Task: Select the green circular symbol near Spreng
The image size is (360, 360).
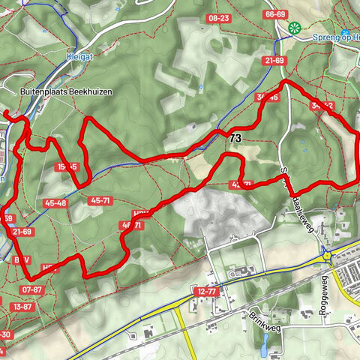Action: [x=293, y=28]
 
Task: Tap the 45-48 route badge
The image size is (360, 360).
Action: [x=55, y=202]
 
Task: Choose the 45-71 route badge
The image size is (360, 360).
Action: [x=99, y=200]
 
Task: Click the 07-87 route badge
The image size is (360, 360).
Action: [x=32, y=289]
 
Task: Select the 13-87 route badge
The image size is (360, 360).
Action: [x=22, y=306]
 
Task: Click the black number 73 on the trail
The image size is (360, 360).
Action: [x=235, y=138]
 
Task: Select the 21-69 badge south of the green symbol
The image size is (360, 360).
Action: [x=274, y=60]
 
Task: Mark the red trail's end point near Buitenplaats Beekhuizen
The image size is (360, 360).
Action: [x=5, y=112]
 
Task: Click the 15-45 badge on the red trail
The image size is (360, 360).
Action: [x=66, y=166]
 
